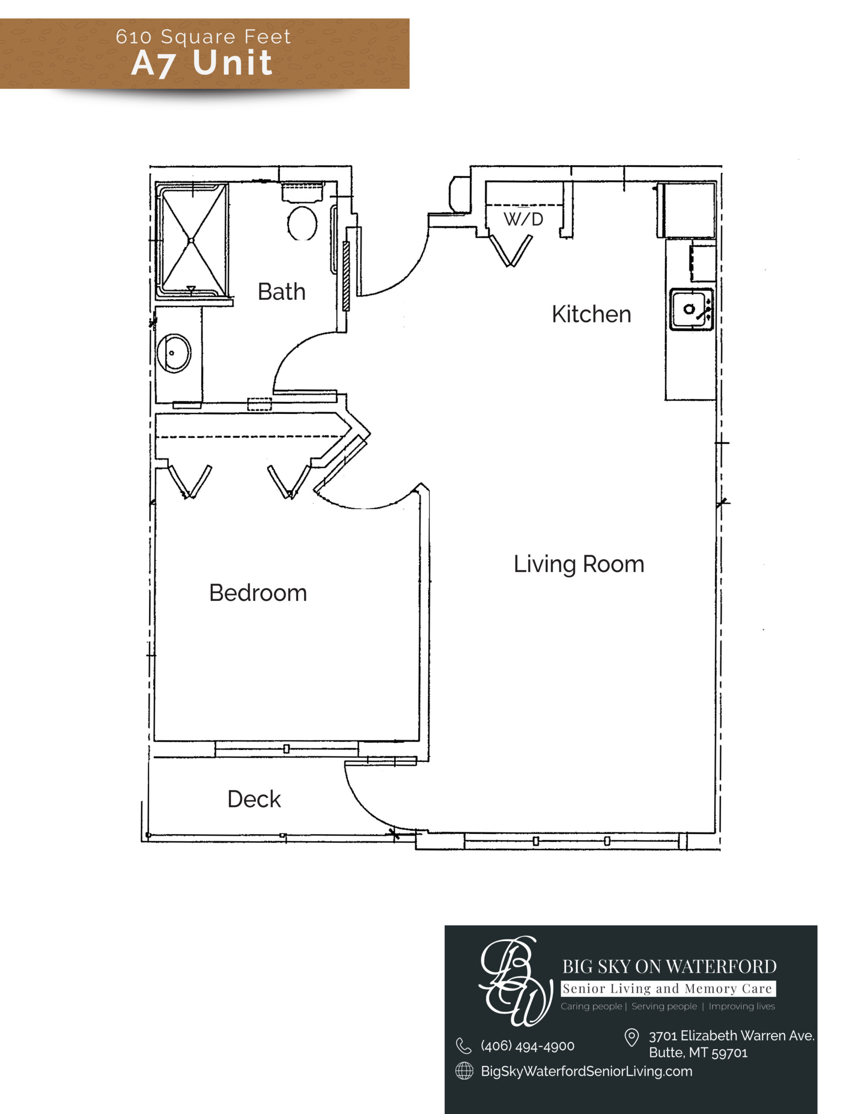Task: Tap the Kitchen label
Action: click(591, 314)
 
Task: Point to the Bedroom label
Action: click(258, 593)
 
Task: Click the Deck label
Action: click(254, 799)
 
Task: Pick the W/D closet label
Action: click(523, 219)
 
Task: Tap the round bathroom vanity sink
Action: click(174, 353)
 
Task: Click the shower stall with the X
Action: click(192, 240)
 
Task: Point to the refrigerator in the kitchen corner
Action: click(686, 210)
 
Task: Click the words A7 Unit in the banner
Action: click(202, 63)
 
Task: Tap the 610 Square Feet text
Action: click(203, 37)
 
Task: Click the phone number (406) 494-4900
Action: click(527, 1046)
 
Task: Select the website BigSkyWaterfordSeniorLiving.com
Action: click(586, 1071)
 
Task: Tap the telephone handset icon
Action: click(464, 1046)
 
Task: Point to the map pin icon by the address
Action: click(632, 1037)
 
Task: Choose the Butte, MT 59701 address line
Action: click(698, 1052)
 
